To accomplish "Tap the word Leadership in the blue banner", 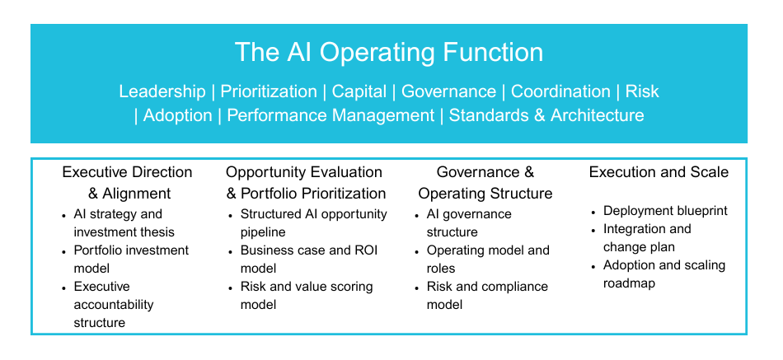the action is (162, 91).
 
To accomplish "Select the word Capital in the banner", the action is (359, 92).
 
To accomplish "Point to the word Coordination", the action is (560, 91).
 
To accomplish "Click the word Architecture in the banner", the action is (598, 115).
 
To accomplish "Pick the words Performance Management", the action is (331, 116).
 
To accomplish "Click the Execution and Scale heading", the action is (659, 172).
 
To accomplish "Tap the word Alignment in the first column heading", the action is (136, 194).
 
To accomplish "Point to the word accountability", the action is (114, 305).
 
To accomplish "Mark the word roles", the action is (441, 269).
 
